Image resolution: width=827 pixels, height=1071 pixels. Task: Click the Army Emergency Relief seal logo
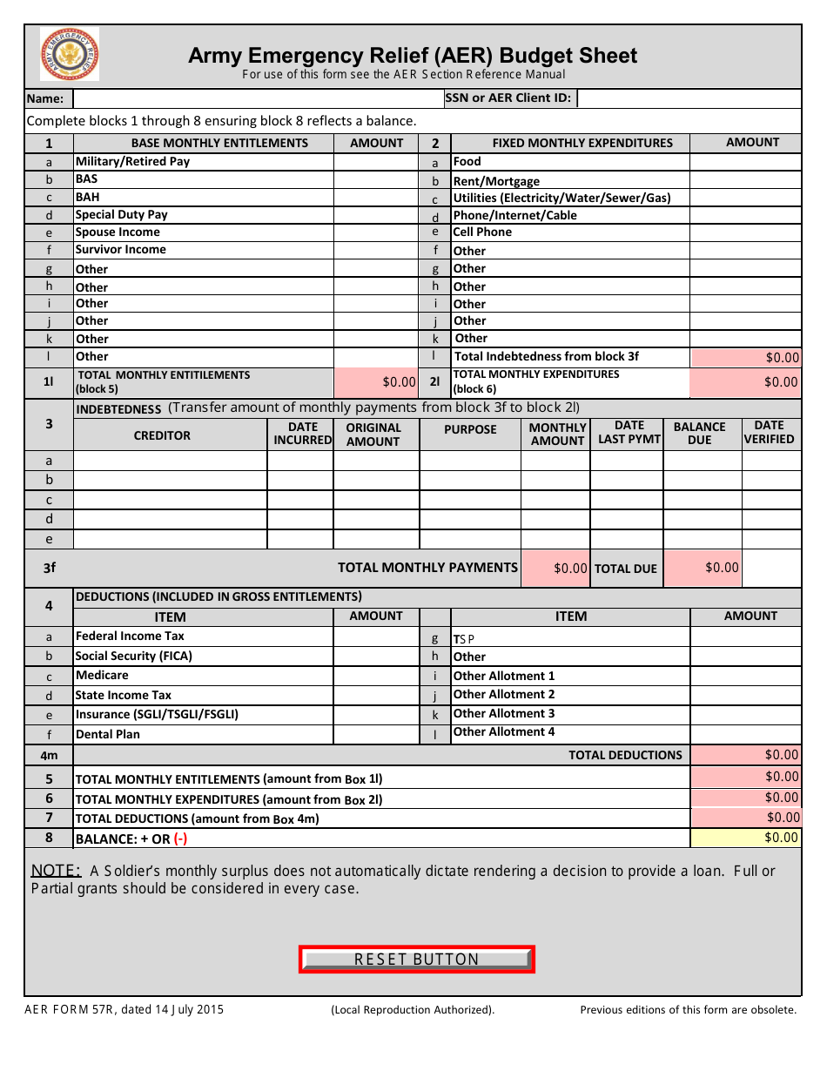[70, 54]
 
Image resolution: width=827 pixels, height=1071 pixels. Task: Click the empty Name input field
[258, 98]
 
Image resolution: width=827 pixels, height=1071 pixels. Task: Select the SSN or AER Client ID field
[688, 98]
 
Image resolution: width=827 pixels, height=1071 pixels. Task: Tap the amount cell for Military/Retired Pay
[376, 162]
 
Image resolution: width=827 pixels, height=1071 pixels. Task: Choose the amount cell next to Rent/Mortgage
[744, 181]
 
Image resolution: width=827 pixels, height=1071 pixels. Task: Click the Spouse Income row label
[118, 232]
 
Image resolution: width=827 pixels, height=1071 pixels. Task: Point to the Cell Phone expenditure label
[482, 232]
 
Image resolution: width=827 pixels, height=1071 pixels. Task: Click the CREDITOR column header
[162, 435]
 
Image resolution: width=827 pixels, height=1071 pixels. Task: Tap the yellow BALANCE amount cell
[745, 838]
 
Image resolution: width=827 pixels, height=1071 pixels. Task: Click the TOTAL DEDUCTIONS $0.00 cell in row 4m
[745, 755]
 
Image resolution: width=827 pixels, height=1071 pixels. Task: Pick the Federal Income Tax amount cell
[376, 637]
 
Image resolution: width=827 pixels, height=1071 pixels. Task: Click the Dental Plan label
[107, 734]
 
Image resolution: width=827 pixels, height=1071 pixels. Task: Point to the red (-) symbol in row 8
[180, 839]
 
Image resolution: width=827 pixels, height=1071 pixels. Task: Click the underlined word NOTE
[56, 871]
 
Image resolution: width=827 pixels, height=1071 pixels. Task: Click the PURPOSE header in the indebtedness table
[470, 430]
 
